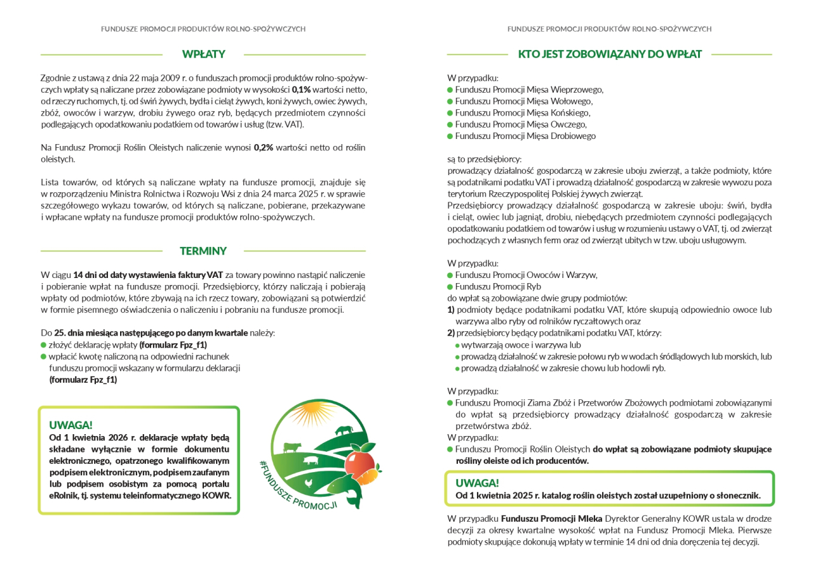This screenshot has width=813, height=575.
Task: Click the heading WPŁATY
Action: [203, 55]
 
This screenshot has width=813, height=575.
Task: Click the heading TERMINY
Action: [203, 251]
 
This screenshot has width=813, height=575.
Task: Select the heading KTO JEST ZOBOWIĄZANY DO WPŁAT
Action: [610, 55]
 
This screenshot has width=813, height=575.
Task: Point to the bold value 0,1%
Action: [301, 89]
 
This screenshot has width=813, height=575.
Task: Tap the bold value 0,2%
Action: [263, 148]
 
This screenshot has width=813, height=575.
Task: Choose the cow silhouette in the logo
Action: [293, 447]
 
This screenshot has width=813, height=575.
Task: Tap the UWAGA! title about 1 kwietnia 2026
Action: [71, 425]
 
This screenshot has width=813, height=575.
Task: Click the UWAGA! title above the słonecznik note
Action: [477, 483]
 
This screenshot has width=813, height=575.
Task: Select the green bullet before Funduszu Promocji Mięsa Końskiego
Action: [450, 113]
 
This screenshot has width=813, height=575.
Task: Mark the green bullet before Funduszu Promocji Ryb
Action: [450, 287]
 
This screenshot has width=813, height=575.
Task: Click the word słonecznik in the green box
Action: [737, 496]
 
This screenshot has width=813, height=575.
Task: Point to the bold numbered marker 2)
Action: [451, 333]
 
